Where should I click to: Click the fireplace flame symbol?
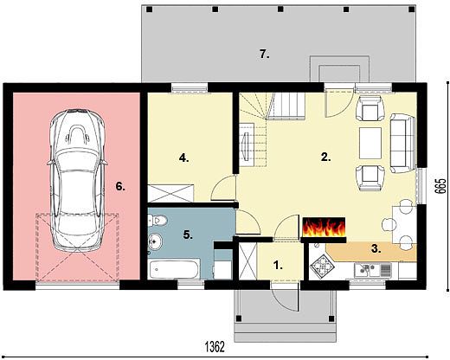(x=324, y=227)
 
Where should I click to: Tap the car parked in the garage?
(x=77, y=180)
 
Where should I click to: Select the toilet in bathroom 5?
(x=157, y=221)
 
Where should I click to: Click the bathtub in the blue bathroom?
(x=174, y=268)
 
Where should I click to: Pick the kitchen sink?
(x=364, y=270)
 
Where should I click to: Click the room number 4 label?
(x=183, y=157)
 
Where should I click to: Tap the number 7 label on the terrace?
(x=264, y=54)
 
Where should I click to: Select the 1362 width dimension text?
(x=215, y=346)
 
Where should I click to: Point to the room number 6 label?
(x=120, y=187)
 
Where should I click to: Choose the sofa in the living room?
(x=403, y=143)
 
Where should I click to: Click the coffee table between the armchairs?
(x=370, y=143)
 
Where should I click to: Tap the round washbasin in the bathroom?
(x=156, y=241)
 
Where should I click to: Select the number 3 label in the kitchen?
(x=376, y=248)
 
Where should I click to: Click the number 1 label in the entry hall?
(x=278, y=266)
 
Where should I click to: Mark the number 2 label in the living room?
(x=326, y=157)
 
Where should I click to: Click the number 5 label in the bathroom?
(x=188, y=235)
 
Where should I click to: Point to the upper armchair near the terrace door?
(x=370, y=108)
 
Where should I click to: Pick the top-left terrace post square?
(x=149, y=10)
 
